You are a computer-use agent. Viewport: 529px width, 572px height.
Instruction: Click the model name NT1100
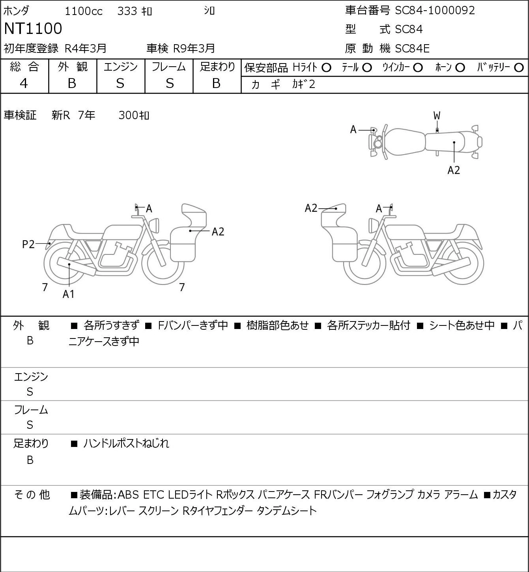33,28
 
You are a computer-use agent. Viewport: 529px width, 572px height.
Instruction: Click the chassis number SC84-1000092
435,11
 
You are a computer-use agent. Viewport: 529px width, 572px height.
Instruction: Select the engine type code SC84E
412,49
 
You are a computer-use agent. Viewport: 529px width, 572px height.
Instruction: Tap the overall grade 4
24,84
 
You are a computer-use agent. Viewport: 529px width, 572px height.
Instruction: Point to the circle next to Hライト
326,68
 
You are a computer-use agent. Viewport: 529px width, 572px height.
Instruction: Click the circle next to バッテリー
519,68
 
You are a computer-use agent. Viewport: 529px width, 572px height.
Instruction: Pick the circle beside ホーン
460,68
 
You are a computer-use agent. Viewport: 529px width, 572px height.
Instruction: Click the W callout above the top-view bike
437,116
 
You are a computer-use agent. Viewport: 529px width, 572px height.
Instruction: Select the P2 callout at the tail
28,245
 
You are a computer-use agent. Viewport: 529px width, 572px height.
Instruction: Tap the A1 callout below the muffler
69,294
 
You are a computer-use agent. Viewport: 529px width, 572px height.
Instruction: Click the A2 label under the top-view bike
454,170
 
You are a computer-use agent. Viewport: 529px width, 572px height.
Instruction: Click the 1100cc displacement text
84,11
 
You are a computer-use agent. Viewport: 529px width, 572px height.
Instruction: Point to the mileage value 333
127,11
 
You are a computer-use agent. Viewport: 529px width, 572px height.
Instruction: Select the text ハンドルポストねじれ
126,443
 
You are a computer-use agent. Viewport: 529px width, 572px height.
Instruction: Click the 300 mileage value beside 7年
128,115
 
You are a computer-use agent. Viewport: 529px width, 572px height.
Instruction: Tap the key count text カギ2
304,84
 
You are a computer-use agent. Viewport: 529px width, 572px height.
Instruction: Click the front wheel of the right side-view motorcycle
365,264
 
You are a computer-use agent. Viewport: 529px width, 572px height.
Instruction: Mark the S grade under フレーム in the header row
170,84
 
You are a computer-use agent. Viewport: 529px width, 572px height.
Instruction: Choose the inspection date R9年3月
194,49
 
